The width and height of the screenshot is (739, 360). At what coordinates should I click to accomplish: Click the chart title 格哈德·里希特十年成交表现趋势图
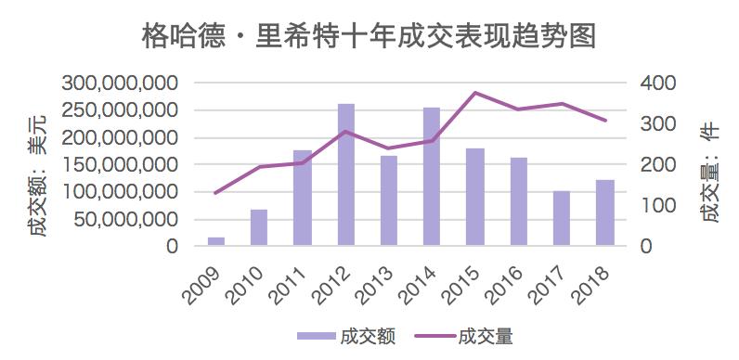pos(369,36)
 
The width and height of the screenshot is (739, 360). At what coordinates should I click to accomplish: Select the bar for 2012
pos(345,175)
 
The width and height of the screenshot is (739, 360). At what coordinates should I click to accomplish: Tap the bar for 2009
pos(215,241)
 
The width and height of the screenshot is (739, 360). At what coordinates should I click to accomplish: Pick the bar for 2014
pos(432,176)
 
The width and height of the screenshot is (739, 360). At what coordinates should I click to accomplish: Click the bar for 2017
pos(561,218)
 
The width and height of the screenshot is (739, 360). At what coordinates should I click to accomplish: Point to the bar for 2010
pos(259,227)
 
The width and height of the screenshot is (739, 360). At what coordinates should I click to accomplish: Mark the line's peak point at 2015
pos(474,93)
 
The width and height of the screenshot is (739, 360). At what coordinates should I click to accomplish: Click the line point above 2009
pos(215,193)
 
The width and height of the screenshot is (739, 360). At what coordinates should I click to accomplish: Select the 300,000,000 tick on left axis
pos(121,84)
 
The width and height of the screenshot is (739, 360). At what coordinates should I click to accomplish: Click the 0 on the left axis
pos(173,247)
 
